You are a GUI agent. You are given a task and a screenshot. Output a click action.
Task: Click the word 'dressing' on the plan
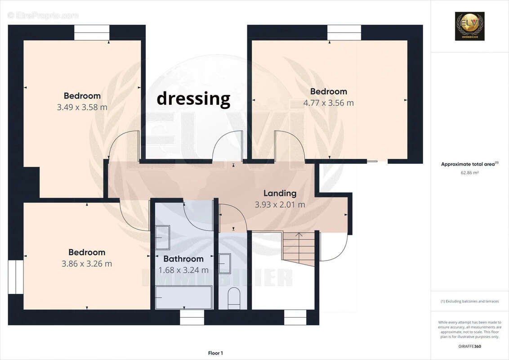click(193, 99)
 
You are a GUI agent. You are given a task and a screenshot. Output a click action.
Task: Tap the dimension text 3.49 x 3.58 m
click(82, 107)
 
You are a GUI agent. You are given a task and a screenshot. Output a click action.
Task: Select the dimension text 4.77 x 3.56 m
click(328, 103)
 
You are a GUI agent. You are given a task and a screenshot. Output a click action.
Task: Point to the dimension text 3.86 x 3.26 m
click(87, 264)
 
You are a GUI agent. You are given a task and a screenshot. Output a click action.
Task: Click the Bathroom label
click(183, 259)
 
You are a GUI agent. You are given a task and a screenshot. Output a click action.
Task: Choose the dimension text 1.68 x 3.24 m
click(183, 270)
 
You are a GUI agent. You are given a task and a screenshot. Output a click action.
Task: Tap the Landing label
click(280, 193)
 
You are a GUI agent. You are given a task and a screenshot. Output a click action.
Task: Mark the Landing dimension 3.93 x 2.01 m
click(280, 204)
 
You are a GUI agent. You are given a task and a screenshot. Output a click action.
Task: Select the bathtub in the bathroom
click(183, 297)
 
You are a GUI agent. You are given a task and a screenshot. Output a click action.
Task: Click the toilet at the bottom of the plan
click(234, 298)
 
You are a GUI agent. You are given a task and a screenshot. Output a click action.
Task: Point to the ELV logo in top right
click(469, 26)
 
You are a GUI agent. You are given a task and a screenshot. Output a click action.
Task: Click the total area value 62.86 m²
click(469, 172)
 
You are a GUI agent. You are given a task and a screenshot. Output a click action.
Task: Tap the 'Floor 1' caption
click(215, 353)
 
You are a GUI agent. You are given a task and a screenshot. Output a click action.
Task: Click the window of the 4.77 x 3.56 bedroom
click(344, 33)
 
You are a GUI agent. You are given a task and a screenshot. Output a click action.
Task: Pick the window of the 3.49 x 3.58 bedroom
click(92, 33)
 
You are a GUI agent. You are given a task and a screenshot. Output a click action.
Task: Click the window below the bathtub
click(192, 317)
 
